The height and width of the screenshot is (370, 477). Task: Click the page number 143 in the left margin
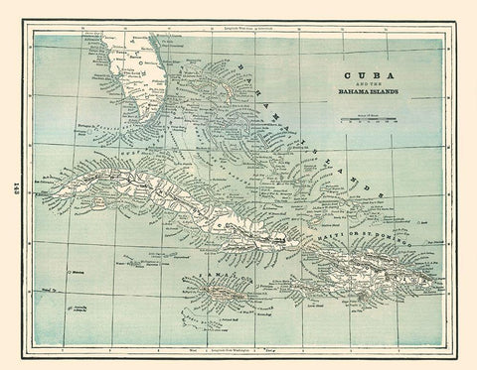[x=17, y=185]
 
